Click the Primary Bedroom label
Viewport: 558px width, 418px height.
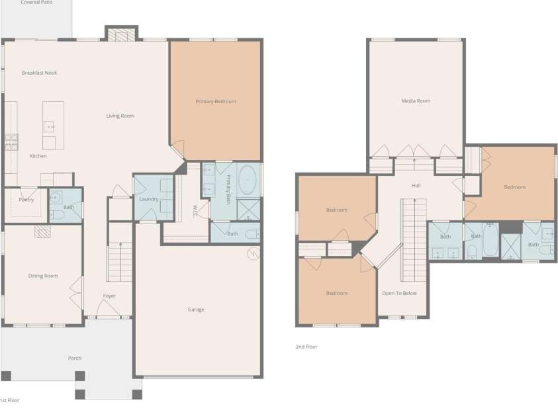point(216,102)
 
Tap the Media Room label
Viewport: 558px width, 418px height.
point(416,101)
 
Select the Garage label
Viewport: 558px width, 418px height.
point(196,310)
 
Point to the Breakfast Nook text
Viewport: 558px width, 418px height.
point(40,73)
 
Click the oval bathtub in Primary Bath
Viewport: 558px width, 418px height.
point(248,180)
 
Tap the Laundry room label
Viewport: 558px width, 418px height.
point(149,199)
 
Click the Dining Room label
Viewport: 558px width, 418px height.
point(43,276)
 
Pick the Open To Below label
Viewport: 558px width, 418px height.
point(399,293)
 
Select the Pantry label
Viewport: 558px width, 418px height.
point(26,200)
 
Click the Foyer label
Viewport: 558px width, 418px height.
point(109,296)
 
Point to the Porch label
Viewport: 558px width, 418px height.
point(75,358)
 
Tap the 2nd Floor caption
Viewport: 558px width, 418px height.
point(306,347)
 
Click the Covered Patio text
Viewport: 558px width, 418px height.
point(36,2)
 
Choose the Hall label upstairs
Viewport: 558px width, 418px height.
point(416,185)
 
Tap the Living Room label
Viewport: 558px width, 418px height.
point(120,116)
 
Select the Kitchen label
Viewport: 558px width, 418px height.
point(38,156)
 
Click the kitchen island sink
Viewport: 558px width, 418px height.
point(49,126)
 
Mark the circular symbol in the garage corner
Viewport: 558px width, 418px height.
point(253,253)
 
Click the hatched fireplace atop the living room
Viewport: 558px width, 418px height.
point(122,34)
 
